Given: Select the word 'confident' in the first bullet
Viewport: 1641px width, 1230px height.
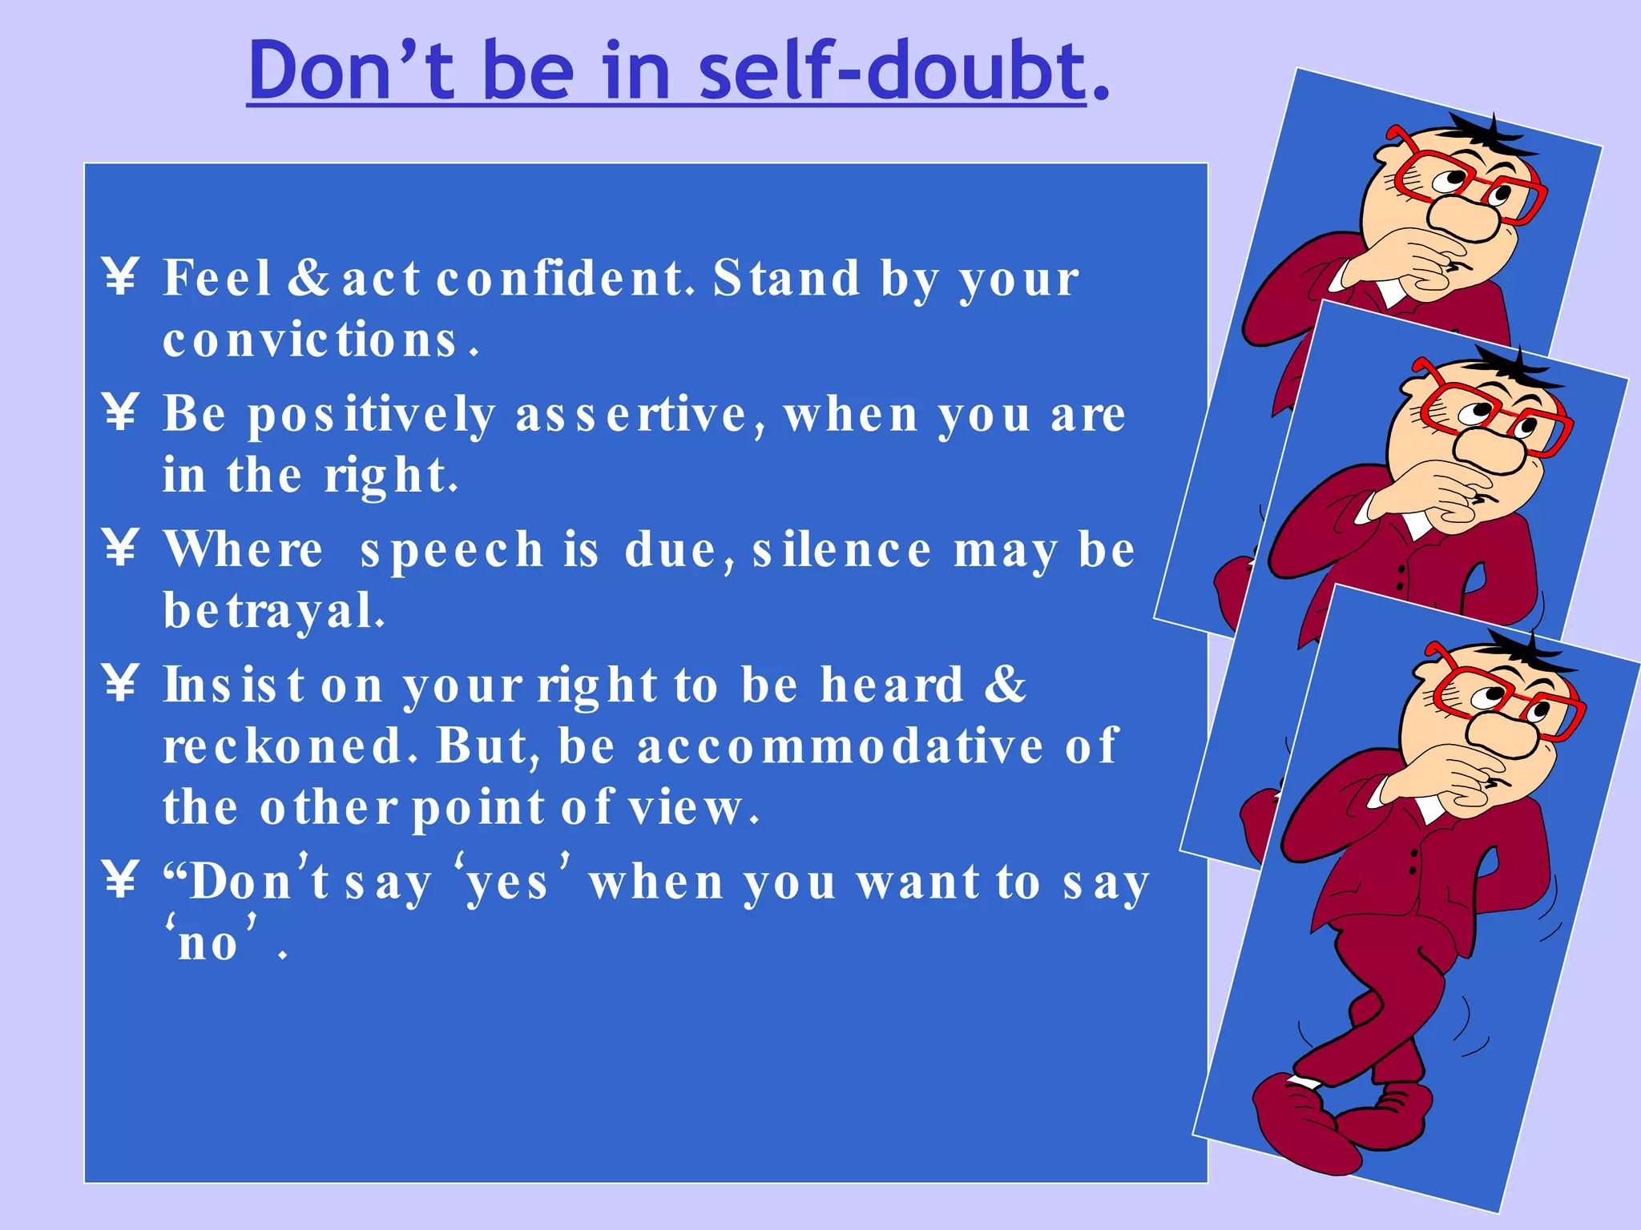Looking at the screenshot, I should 561,279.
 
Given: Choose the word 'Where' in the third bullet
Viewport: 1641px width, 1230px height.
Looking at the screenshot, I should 244,551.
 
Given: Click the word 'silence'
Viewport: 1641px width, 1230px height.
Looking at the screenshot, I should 841,551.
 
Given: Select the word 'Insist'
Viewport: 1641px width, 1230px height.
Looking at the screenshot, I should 233,686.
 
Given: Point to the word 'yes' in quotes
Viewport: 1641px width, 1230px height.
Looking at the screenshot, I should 508,883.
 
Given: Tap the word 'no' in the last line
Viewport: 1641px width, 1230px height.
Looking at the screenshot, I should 208,944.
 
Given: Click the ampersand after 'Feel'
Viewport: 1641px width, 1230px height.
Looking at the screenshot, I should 308,278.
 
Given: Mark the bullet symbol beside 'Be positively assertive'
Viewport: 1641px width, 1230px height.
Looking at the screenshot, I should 121,412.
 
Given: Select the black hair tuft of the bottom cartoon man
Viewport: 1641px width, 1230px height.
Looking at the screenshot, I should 1530,653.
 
